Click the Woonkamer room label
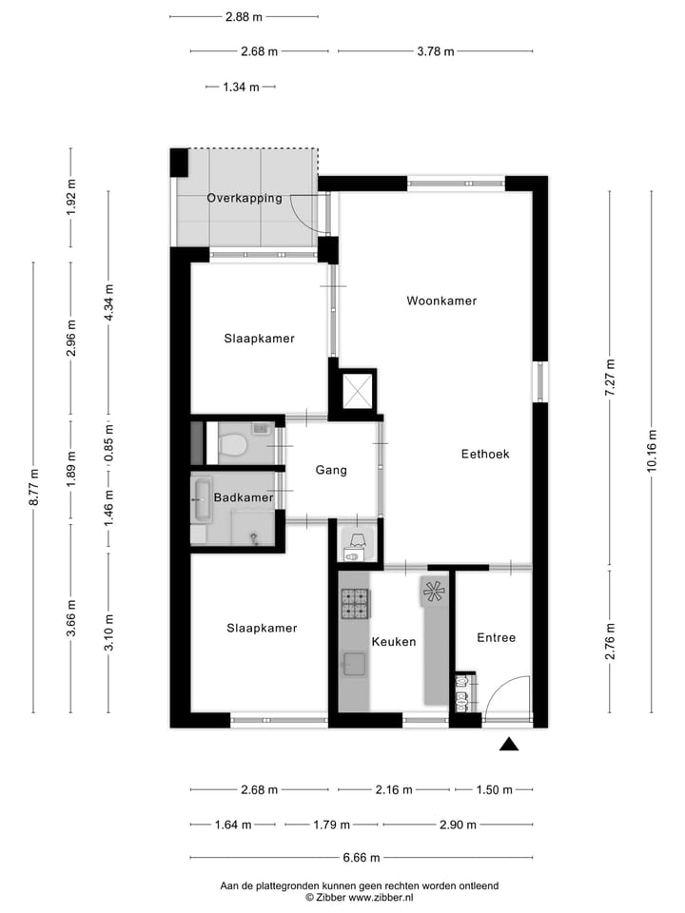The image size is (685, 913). click(440, 301)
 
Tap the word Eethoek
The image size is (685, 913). click(484, 454)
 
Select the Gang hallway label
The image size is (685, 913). click(331, 470)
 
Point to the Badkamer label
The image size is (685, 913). click(244, 497)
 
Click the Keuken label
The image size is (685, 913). click(394, 642)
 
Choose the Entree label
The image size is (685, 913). click(496, 637)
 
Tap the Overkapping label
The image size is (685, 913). click(245, 198)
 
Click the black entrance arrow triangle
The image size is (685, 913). click(509, 745)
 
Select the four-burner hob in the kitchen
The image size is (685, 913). click(354, 603)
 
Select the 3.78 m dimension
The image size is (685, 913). click(435, 51)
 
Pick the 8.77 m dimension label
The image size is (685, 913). click(33, 486)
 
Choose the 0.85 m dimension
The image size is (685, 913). click(108, 441)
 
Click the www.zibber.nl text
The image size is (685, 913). click(380, 897)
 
